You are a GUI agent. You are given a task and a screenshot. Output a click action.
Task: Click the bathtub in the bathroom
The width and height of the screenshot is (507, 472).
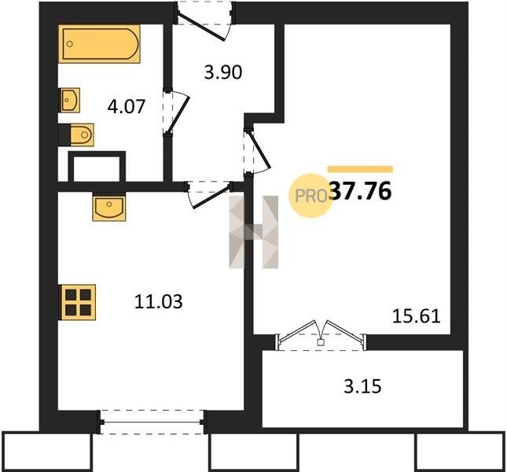(99, 44)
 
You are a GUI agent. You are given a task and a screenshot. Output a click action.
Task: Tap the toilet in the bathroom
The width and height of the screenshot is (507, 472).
(77, 135)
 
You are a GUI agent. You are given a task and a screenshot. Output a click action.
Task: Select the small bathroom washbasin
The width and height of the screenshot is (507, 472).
(69, 100)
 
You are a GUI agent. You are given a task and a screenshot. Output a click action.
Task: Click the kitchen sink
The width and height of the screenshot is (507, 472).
(109, 207)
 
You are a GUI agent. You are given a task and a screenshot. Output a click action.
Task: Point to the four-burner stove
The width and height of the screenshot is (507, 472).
(77, 302)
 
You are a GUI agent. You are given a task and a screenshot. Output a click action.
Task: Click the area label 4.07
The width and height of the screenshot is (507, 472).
(126, 106)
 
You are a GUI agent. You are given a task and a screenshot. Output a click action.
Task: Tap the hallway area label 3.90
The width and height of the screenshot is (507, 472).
(223, 72)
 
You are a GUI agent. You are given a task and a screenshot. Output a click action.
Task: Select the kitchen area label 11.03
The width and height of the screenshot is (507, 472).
(158, 301)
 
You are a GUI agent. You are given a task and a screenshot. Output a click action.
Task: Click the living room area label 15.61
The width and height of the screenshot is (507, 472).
(416, 316)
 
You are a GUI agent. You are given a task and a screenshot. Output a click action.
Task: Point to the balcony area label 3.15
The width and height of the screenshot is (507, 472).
(362, 386)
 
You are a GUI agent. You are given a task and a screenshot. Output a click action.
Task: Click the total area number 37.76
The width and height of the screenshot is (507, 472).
(362, 191)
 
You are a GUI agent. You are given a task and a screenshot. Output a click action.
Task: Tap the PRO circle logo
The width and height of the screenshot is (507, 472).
(310, 195)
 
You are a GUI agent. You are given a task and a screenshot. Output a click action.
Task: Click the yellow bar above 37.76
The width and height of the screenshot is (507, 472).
(360, 169)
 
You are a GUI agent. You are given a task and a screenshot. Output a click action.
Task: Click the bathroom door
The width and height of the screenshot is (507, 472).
(175, 112)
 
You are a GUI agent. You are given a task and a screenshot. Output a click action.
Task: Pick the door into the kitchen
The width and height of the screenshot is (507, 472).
(208, 194)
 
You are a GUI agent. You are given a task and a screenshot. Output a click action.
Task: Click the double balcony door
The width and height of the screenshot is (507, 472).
(321, 336)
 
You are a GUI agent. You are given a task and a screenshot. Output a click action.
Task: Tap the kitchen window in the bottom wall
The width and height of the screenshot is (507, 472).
(152, 422)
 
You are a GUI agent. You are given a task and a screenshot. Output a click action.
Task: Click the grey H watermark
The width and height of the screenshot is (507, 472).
(253, 232)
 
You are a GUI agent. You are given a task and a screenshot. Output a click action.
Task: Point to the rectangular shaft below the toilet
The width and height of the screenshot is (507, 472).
(97, 166)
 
